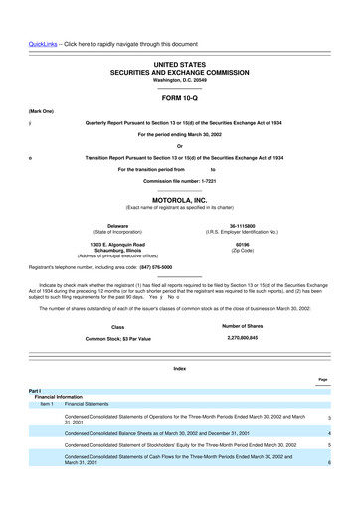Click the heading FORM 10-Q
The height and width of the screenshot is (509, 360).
(x=179, y=100)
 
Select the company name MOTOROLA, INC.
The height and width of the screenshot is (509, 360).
(x=179, y=200)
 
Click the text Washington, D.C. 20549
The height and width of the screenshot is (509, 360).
(x=179, y=80)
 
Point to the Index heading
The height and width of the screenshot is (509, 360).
(x=179, y=369)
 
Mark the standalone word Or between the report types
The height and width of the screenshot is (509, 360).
(x=179, y=145)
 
